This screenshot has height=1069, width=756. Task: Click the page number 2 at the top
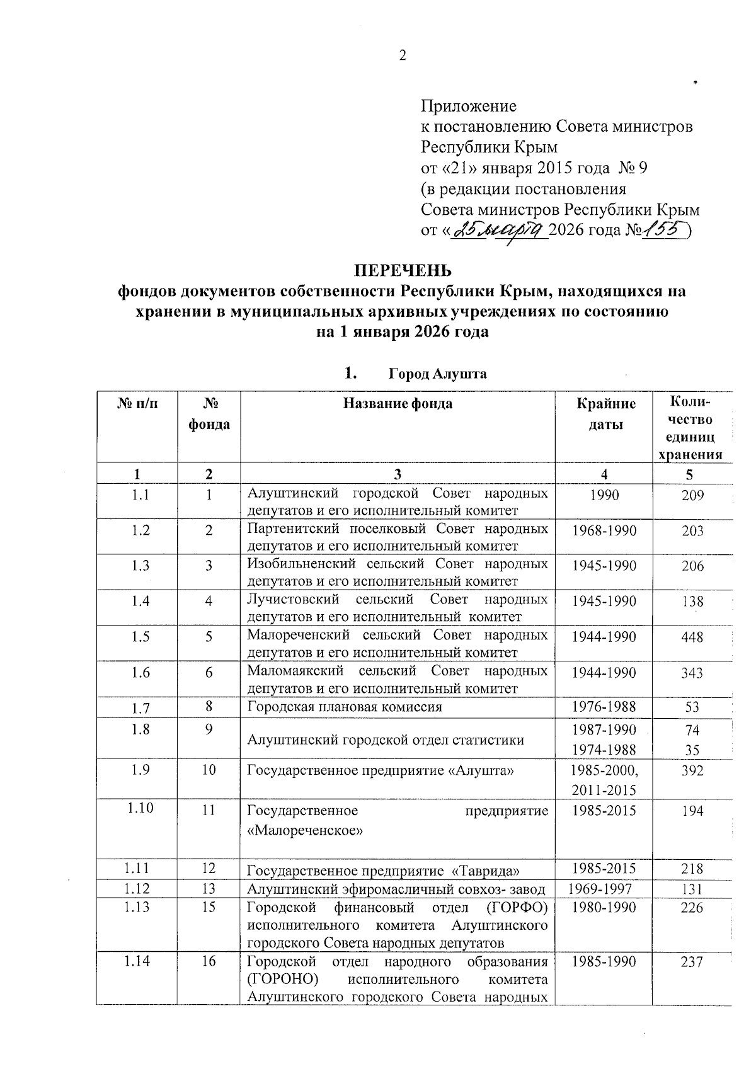[x=403, y=55]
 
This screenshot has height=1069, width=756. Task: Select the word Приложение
[x=468, y=105]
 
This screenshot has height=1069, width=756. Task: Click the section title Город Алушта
[x=437, y=374]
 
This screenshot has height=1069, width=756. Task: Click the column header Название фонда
[x=398, y=404]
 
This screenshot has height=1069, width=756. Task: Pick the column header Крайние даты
[x=605, y=414]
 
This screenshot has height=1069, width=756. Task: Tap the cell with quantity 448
[x=692, y=637]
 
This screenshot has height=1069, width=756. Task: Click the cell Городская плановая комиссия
[x=345, y=707]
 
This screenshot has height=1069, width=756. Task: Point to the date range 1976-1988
[x=604, y=707]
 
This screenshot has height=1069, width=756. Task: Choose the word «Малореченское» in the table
[x=306, y=830]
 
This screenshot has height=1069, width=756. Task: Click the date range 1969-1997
[x=600, y=889]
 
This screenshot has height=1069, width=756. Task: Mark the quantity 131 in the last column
[x=692, y=889]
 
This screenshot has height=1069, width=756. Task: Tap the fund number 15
[x=209, y=907]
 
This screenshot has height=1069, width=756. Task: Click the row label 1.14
[x=138, y=961]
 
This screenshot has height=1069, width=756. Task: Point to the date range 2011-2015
[x=604, y=790]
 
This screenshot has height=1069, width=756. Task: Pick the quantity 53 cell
[x=692, y=707]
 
